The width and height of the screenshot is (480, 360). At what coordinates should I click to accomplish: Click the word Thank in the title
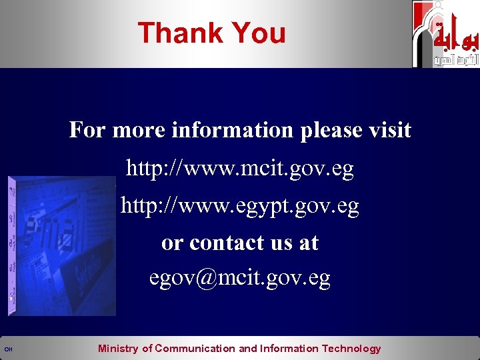tap(179, 33)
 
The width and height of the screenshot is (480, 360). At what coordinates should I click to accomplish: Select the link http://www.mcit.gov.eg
tap(240, 169)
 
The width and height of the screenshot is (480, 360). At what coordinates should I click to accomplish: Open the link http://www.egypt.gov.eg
tap(240, 207)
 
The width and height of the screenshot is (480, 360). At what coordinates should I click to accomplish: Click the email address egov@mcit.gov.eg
tap(240, 278)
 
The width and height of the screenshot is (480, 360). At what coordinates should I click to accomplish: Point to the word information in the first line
tap(232, 130)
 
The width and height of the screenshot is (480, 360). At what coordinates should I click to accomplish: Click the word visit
tap(390, 130)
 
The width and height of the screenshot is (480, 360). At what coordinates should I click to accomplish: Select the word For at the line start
tap(87, 130)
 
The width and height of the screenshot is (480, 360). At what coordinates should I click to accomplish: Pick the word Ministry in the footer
tap(119, 349)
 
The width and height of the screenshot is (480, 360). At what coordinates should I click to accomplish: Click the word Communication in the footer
tap(195, 349)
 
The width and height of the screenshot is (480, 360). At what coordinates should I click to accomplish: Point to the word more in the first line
tap(139, 131)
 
